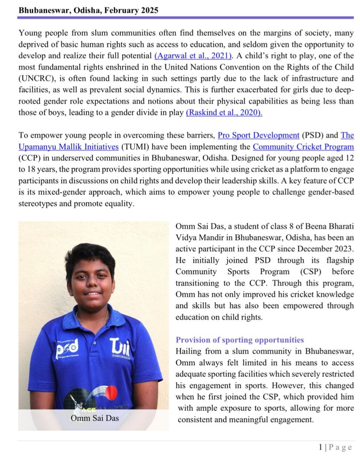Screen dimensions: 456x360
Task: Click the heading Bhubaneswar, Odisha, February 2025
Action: tap(88, 10)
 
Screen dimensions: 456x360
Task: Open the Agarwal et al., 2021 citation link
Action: tap(193, 56)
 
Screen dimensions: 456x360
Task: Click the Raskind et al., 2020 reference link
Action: tap(224, 113)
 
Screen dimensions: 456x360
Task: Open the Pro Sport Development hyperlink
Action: tap(258, 135)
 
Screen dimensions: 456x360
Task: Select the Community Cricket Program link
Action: tap(303, 147)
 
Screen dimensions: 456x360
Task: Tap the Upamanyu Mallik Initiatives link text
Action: tap(69, 147)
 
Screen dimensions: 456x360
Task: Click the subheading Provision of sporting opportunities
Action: tap(240, 340)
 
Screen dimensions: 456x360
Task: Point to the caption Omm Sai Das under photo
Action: tap(95, 417)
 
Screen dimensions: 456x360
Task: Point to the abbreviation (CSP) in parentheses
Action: tap(310, 272)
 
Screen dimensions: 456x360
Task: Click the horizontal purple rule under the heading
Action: tap(186, 17)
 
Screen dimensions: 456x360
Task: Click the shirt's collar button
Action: tap(95, 343)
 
